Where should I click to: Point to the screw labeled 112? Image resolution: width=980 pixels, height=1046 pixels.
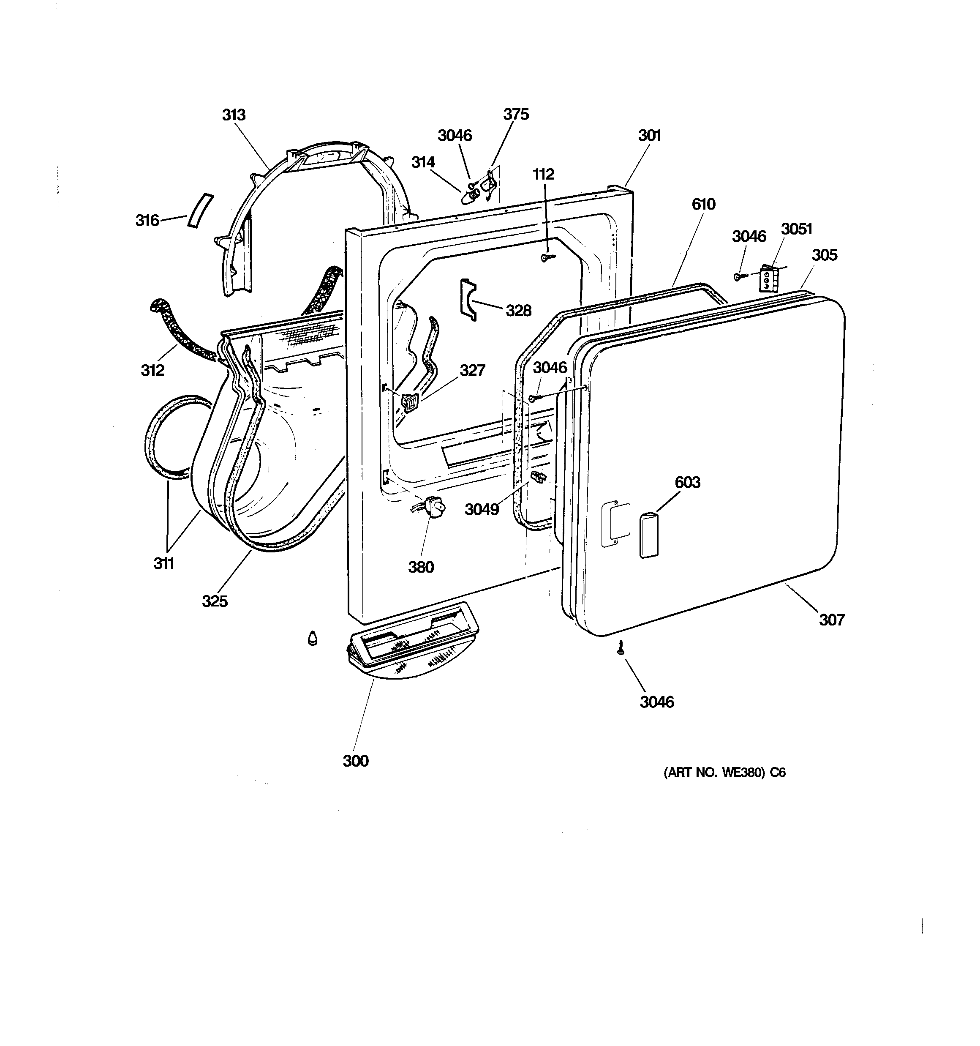point(547,257)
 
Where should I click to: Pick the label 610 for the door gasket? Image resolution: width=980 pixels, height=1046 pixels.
point(703,204)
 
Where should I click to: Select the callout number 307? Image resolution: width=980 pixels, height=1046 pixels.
point(831,620)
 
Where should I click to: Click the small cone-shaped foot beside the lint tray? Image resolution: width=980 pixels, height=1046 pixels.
point(313,638)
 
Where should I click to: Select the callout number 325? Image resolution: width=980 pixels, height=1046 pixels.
point(215,601)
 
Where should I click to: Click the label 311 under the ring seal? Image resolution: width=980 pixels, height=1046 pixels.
point(163,563)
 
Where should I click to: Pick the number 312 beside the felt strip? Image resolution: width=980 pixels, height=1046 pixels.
point(152,370)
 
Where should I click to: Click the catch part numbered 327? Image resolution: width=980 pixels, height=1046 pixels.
point(409,401)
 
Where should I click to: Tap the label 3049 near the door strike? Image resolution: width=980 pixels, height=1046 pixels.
point(481,509)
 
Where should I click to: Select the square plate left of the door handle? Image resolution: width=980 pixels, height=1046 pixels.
point(615,524)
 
